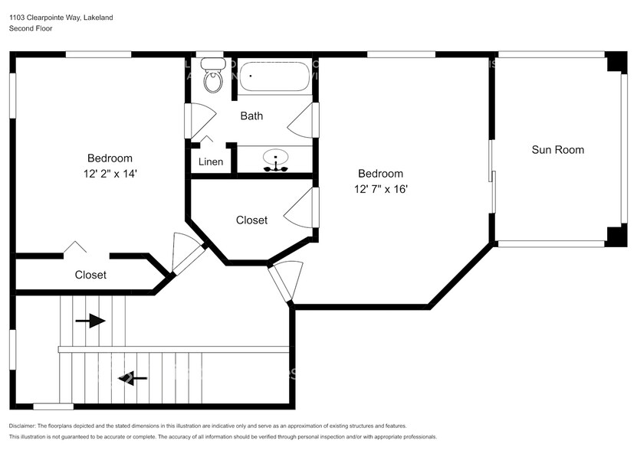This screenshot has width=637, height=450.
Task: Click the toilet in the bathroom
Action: coord(212,77)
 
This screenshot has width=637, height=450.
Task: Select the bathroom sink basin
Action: coord(275,160)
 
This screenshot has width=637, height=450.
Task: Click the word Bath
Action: coord(251,116)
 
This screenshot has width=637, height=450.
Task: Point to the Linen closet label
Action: coord(211,162)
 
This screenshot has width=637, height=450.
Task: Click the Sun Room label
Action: coord(557,150)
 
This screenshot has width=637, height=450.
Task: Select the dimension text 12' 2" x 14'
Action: coord(111,174)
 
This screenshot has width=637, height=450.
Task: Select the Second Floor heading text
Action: coord(30,28)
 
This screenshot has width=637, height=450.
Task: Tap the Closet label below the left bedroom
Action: coord(90,275)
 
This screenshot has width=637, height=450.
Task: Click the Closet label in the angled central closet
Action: coord(251,220)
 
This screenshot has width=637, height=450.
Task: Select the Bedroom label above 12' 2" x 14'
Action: coord(110,158)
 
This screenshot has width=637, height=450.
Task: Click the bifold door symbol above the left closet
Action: coord(74,247)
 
